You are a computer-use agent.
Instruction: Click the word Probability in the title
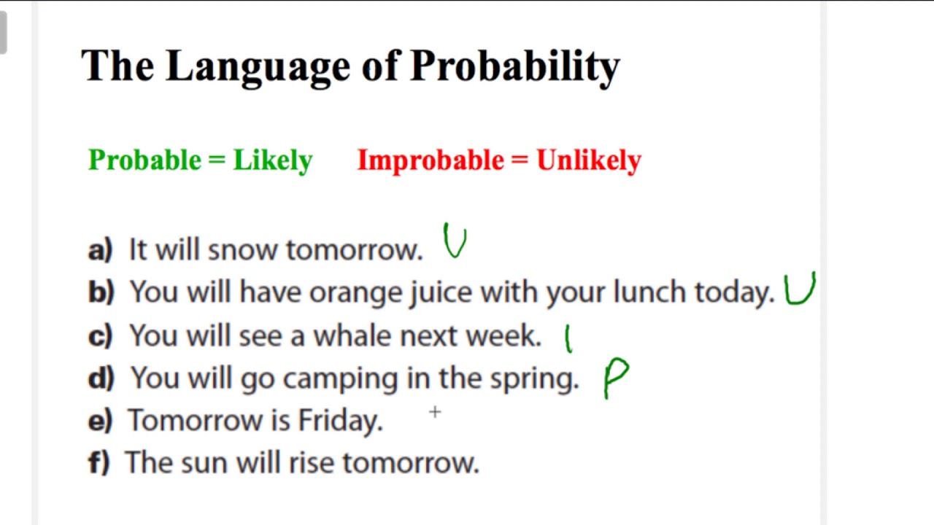click(514, 66)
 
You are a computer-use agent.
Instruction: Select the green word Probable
click(144, 160)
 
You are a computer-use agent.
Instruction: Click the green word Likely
click(272, 160)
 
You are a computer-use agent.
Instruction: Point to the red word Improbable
click(431, 160)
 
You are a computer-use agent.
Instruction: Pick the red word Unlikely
click(589, 160)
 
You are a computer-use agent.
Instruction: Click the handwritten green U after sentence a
click(455, 241)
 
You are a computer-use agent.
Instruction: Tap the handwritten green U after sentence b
click(800, 289)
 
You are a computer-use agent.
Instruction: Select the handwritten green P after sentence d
click(615, 378)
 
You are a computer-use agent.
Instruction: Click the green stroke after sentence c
click(568, 339)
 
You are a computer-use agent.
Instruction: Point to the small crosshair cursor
click(435, 413)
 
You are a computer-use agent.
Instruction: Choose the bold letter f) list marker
click(99, 463)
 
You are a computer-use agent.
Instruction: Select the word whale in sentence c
click(353, 335)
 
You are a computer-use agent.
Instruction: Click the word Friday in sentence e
click(340, 421)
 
